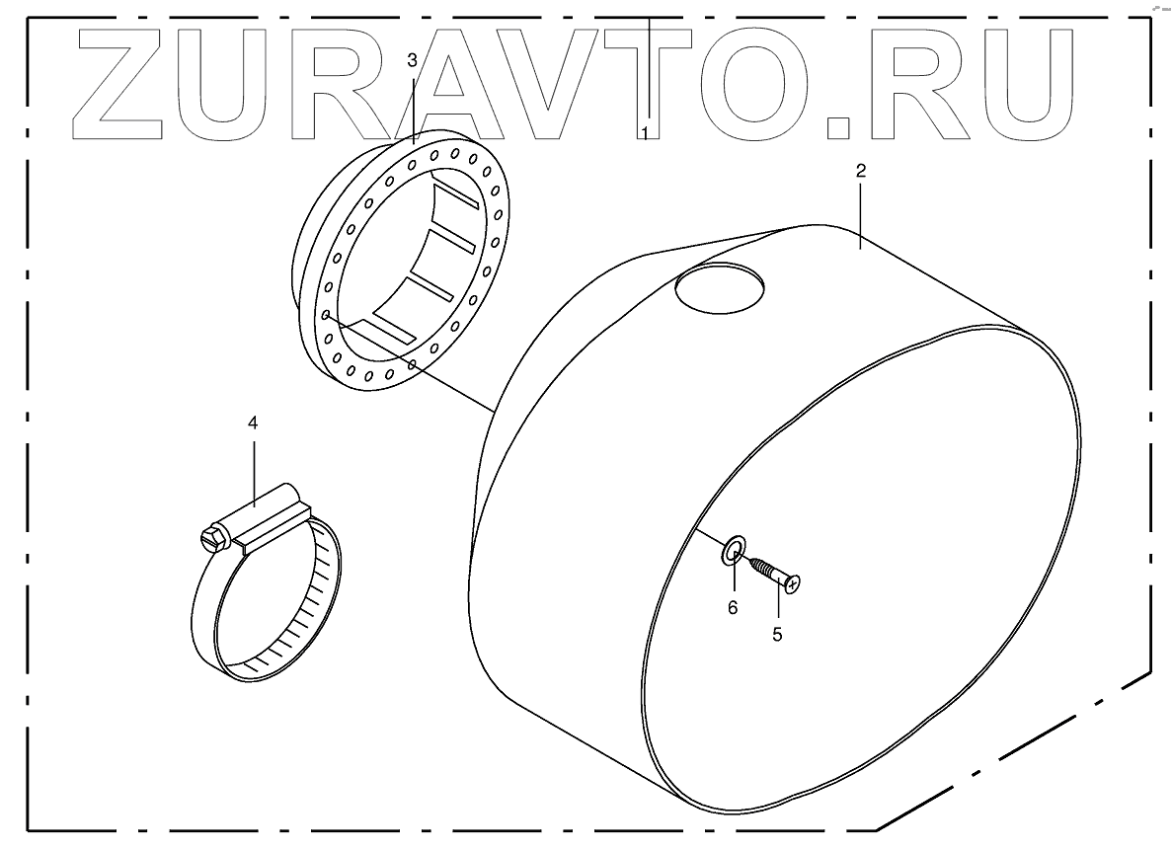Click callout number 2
[x=860, y=171]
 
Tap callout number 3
[x=413, y=60]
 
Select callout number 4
[x=253, y=423]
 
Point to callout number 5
[x=777, y=635]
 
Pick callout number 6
[x=733, y=608]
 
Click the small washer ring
[x=734, y=551]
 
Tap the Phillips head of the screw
[x=792, y=585]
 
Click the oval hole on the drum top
[x=719, y=288]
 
